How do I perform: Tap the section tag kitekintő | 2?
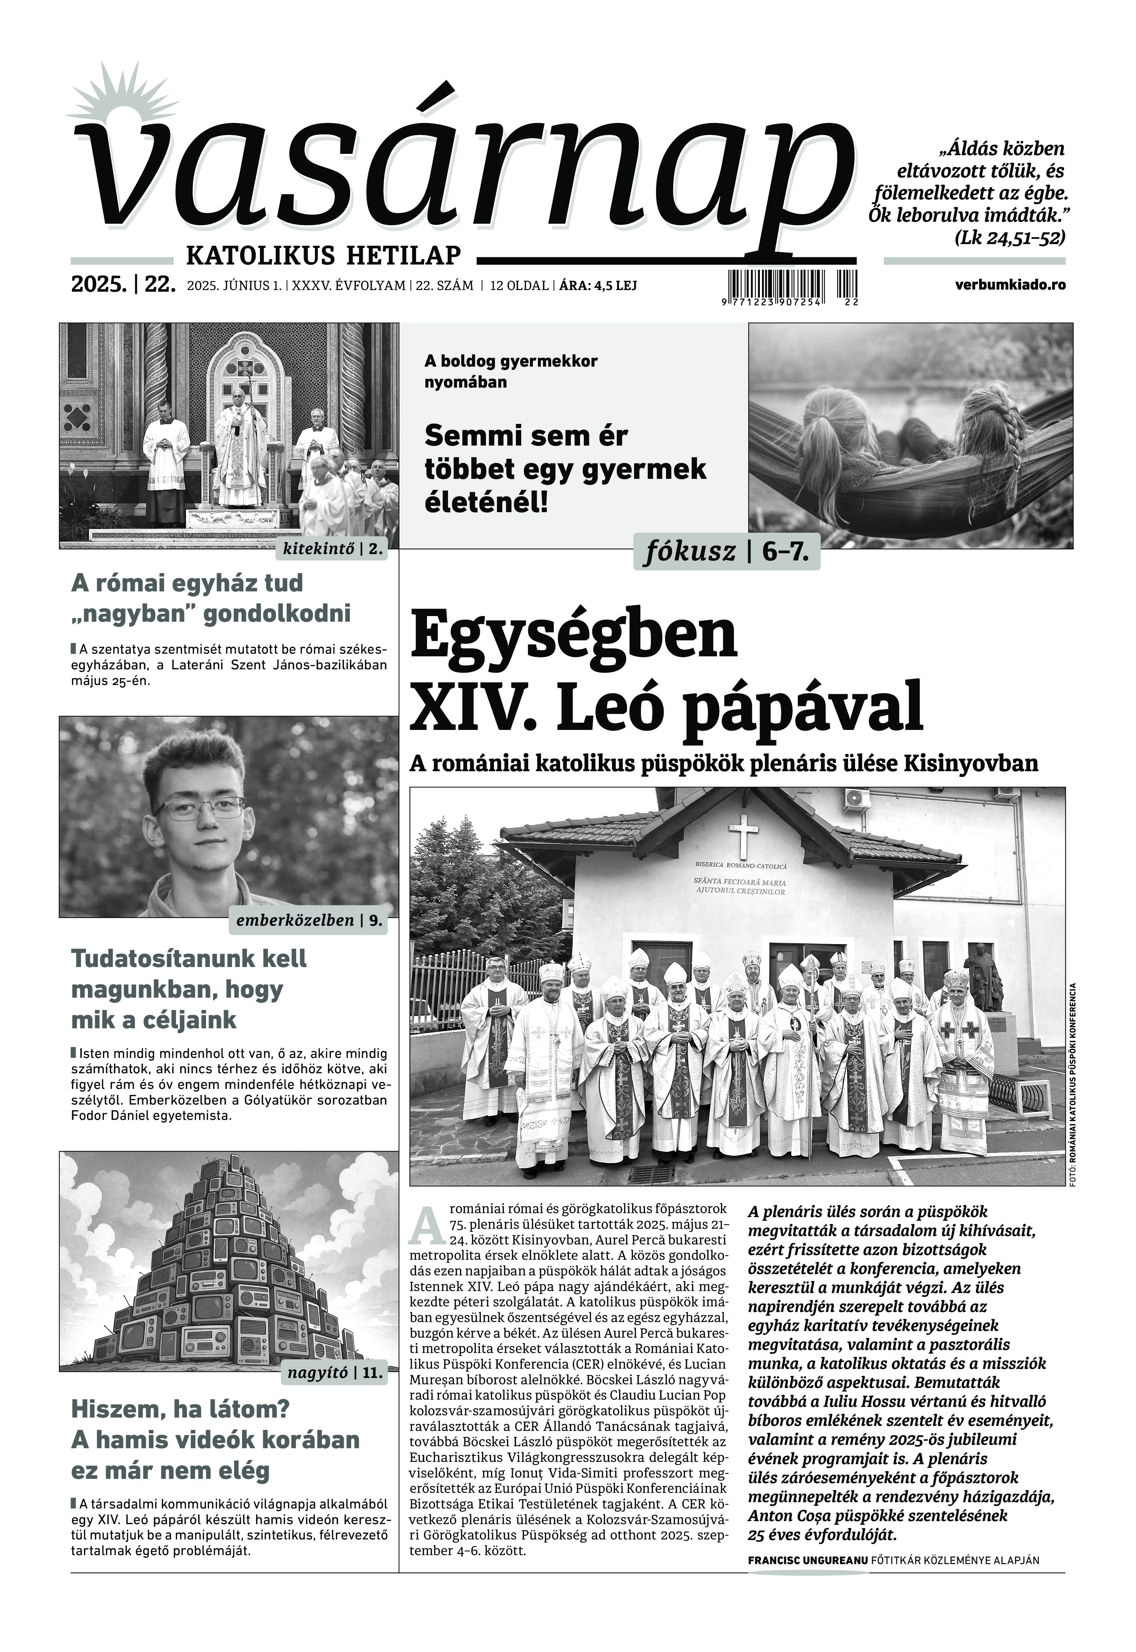(x=333, y=549)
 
